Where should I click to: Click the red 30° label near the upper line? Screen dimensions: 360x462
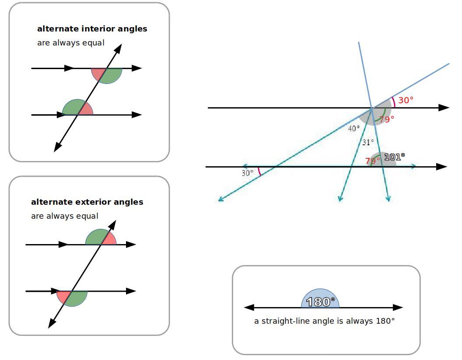pos(406,100)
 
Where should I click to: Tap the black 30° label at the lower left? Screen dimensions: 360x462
pos(247,173)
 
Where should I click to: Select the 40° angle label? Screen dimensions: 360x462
pos(353,128)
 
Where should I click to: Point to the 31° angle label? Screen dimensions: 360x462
pos(368,142)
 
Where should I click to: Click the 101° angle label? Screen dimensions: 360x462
pos(394,156)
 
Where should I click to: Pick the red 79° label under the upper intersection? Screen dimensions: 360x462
pos(386,119)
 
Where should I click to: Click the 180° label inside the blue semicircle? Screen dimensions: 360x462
pos(320,302)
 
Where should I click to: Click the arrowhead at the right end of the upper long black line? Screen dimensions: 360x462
pos(444,108)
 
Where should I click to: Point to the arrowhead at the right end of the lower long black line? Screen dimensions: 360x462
pos(442,167)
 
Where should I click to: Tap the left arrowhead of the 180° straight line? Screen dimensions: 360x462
pos(248,308)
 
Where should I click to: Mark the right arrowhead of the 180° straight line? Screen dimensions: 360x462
pos(398,308)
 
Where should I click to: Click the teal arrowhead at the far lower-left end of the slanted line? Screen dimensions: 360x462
pos(221,199)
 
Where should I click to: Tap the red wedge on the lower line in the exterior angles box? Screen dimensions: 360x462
pos(63,297)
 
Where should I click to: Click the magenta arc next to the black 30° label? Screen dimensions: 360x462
pos(259,171)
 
